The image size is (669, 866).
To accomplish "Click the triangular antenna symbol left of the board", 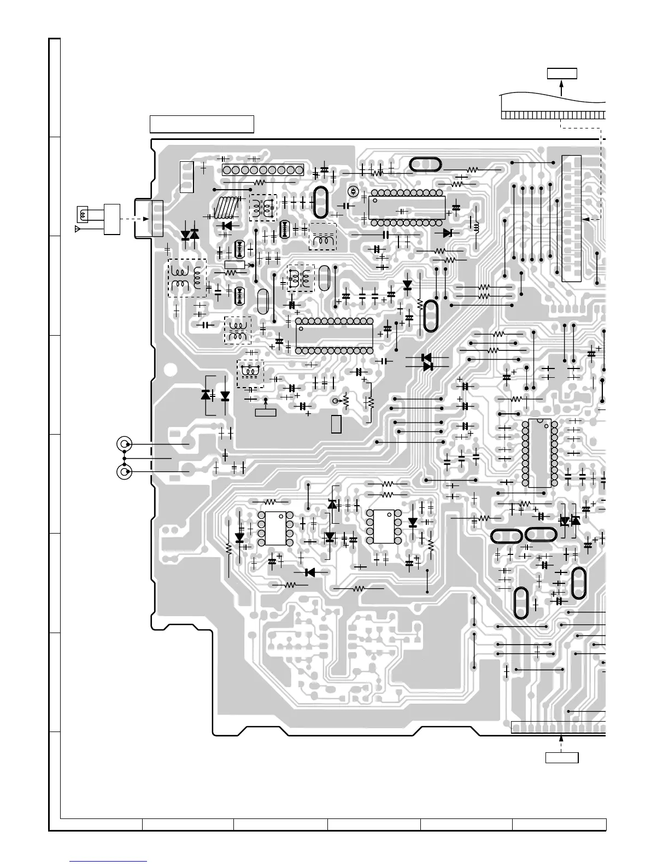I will pos(78,227).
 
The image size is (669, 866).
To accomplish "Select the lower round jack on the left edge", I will pos(125,471).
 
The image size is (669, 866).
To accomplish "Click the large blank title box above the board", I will pos(202,124).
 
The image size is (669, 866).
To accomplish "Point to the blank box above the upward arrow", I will pos(562,73).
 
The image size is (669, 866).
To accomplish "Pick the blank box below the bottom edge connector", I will pos(562,757).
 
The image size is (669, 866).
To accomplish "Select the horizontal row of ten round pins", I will pos(262,170).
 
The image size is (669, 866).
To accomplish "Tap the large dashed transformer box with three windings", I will pos(186,278).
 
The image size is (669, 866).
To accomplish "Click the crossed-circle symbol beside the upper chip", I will pos(353,191).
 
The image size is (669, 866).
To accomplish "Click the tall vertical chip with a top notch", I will pos(539,453).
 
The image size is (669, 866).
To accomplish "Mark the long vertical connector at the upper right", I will pos(571,219).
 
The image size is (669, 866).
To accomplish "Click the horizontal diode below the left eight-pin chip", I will pos(310,572).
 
